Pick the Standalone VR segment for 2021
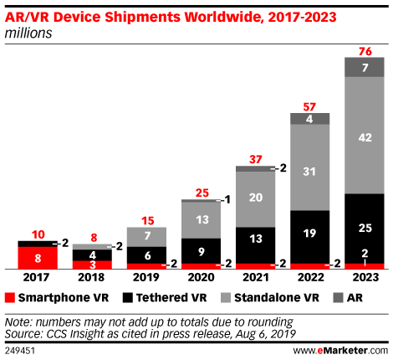[x=256, y=198]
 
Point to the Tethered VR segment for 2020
[x=202, y=249]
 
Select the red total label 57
[x=310, y=105]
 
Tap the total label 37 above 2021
[x=256, y=159]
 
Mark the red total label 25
[x=202, y=193]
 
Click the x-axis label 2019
[x=146, y=278]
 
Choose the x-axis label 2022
[x=310, y=278]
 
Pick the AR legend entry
[x=344, y=297]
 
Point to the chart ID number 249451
[x=20, y=349]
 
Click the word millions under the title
[x=28, y=33]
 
